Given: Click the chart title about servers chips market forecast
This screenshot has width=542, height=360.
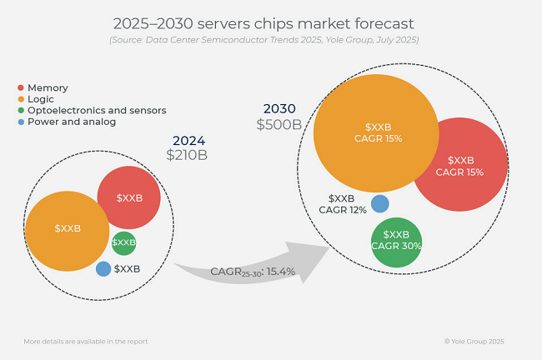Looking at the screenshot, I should click(x=263, y=22).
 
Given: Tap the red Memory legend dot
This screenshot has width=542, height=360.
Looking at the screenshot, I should click(x=21, y=87).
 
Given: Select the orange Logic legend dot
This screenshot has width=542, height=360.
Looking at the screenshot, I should click(x=21, y=99).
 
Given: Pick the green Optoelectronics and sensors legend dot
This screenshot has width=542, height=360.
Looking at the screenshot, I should click(x=21, y=111).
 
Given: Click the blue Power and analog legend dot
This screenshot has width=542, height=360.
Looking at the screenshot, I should click(x=21, y=122).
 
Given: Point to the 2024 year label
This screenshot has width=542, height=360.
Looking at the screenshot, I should click(x=188, y=141).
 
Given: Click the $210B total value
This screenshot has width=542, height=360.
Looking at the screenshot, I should click(x=187, y=155).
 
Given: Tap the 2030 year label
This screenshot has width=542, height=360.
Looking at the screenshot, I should click(x=279, y=109).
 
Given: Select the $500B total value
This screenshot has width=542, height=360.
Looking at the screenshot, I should click(x=279, y=125).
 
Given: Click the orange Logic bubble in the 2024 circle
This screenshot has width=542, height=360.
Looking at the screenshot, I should click(x=67, y=231).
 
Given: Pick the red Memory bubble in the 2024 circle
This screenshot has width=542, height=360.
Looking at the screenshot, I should click(x=128, y=197).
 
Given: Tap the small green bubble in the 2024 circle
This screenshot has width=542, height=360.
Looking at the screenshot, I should click(x=123, y=242).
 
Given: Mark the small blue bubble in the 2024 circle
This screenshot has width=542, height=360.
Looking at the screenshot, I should click(x=103, y=269).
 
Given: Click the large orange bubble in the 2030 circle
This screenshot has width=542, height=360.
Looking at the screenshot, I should click(x=376, y=132).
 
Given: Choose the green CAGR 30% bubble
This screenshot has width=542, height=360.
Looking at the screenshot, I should click(x=396, y=242).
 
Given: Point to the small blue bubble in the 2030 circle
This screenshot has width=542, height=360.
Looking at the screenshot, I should click(x=379, y=203).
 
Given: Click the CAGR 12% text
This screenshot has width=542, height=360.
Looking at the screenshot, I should click(x=343, y=210).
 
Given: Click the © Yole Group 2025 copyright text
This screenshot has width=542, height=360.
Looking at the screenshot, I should click(x=474, y=342).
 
